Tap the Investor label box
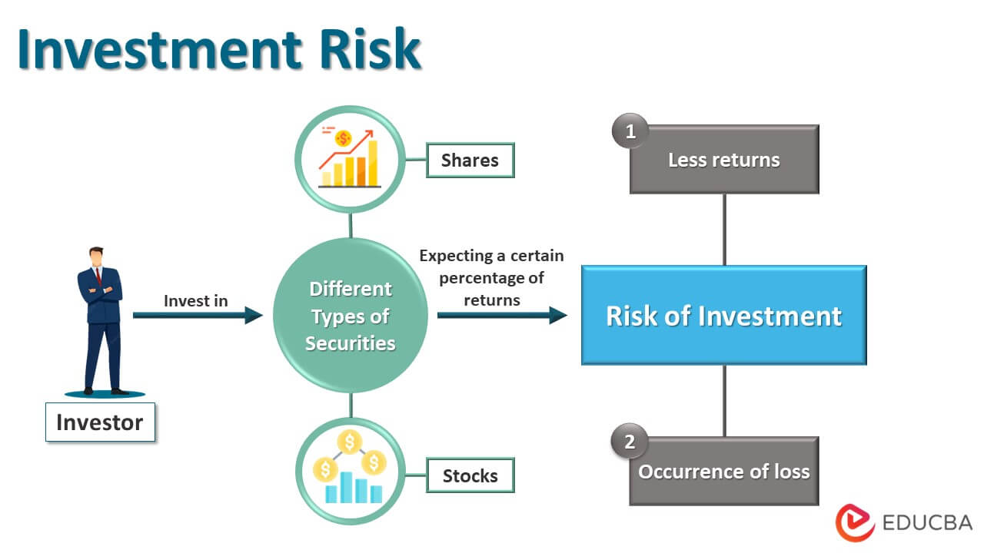click(x=100, y=422)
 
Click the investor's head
click(x=96, y=255)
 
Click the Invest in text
click(x=196, y=301)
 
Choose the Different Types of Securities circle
click(x=351, y=316)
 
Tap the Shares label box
click(x=470, y=160)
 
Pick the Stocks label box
click(x=470, y=475)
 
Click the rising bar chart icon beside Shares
click(x=351, y=159)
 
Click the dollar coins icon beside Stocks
click(x=351, y=470)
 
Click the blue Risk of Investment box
click(x=723, y=316)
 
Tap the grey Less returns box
click(x=723, y=160)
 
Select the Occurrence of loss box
click(x=723, y=471)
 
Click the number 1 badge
click(x=630, y=131)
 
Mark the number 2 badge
click(x=630, y=442)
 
